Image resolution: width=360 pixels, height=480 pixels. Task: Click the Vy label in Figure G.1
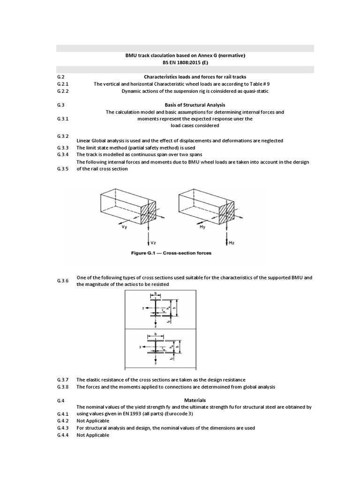click(125, 228)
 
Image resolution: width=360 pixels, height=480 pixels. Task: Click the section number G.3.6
click(63, 281)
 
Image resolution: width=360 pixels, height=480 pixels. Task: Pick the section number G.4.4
click(63, 435)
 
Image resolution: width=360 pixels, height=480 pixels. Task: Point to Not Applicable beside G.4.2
click(93, 421)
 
